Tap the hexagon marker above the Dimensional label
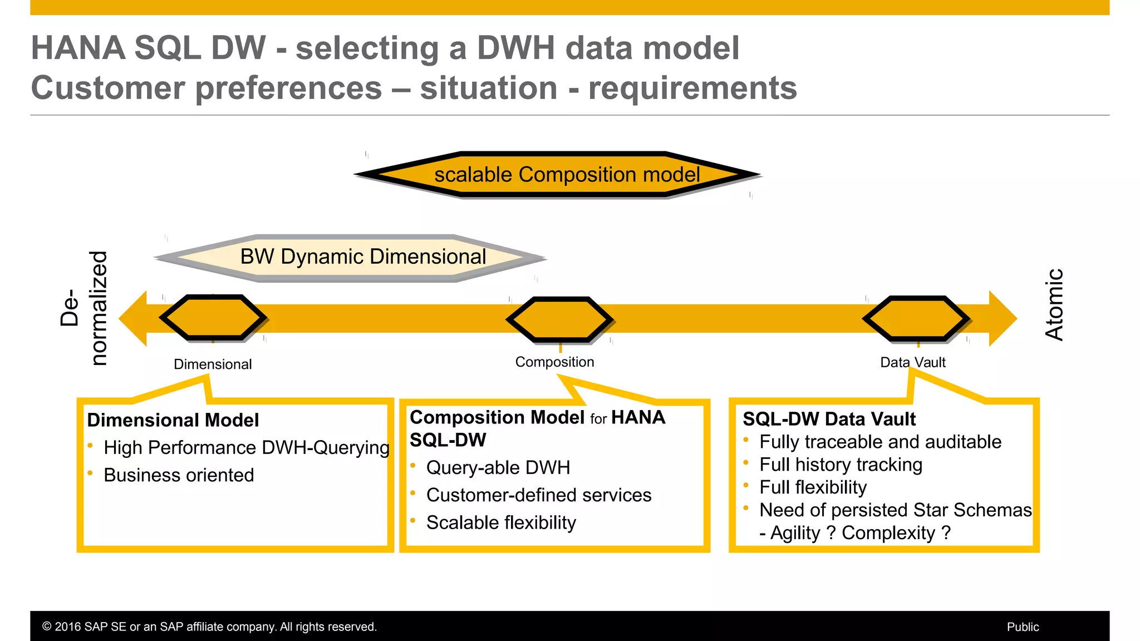(x=213, y=318)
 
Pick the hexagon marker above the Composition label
(x=559, y=320)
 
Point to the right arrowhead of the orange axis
(x=1003, y=319)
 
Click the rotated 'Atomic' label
(x=1054, y=305)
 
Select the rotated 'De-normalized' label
(x=83, y=308)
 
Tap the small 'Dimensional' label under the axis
(x=213, y=364)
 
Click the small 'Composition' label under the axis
(x=554, y=362)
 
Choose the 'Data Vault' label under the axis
(x=912, y=363)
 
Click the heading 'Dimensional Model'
(x=173, y=420)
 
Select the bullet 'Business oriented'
(x=179, y=475)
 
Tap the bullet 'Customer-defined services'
(x=538, y=495)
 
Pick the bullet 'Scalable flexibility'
(x=501, y=522)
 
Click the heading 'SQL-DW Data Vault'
(x=829, y=419)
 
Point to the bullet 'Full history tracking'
(x=841, y=465)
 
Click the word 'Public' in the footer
(x=1023, y=627)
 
